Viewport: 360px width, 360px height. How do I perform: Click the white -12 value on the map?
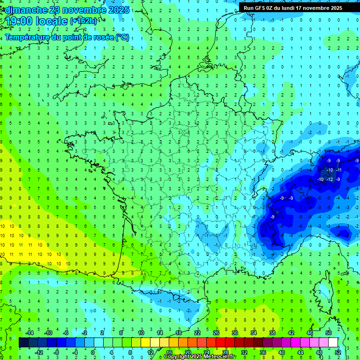(330, 180)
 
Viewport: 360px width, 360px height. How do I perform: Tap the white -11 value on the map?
(339, 170)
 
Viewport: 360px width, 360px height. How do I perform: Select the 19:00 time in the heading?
(18, 21)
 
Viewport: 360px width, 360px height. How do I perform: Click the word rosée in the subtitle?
(104, 37)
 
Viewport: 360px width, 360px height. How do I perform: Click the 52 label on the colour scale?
(338, 352)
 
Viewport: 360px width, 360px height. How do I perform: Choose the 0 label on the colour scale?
(92, 352)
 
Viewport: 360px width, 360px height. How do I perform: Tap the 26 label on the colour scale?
(216, 333)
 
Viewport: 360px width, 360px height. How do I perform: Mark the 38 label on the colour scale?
(272, 333)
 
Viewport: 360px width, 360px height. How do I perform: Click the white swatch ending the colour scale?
(333, 343)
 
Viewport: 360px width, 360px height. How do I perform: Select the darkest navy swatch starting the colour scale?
(24, 343)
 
